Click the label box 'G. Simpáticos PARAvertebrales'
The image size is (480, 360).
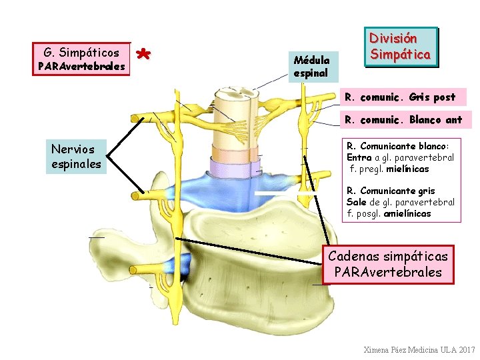[81, 59]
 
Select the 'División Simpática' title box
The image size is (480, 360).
[401, 47]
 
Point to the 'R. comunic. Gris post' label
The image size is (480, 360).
[400, 97]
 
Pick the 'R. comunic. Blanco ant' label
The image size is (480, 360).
[403, 121]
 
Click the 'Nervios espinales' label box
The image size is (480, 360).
[75, 156]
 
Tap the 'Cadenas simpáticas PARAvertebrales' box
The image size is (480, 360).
[391, 264]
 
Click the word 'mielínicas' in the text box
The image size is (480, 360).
[407, 169]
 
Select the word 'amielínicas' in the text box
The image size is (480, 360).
[408, 214]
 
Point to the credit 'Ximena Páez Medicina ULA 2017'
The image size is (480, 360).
[419, 350]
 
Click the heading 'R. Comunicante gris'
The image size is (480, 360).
[391, 191]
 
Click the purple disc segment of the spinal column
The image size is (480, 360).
[229, 165]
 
